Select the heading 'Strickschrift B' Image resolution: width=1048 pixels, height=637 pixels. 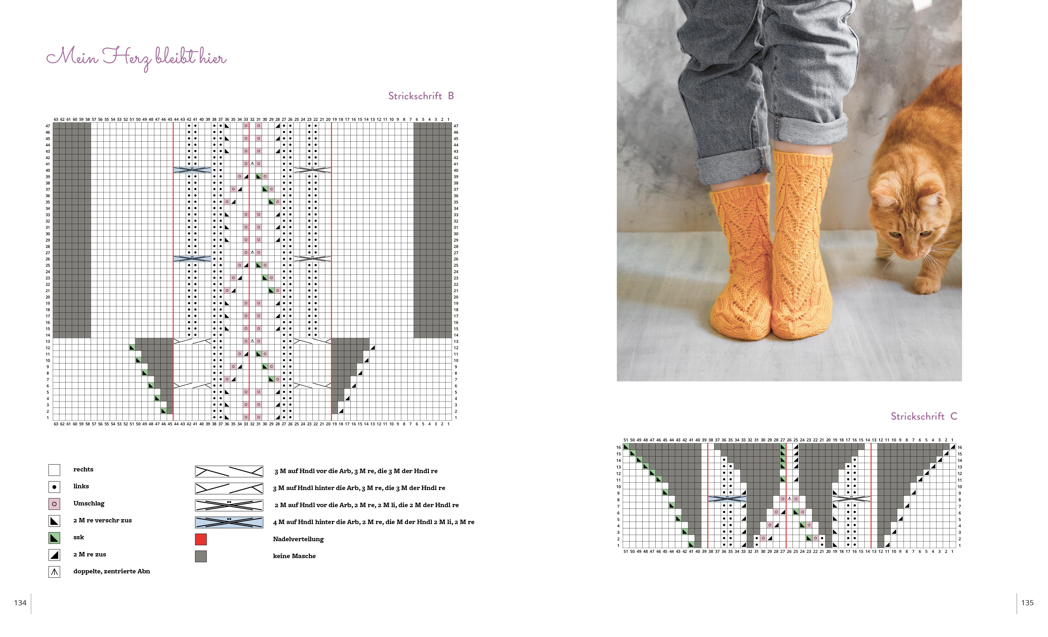click(421, 96)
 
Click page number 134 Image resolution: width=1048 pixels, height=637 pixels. click(20, 603)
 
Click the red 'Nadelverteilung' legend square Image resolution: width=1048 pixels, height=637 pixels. click(201, 539)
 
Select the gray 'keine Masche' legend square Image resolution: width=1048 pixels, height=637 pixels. click(201, 556)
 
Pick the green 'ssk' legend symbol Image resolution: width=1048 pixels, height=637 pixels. click(55, 538)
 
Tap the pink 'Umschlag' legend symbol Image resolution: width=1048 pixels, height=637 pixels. click(55, 504)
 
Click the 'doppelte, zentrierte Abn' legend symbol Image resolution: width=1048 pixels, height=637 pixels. click(55, 572)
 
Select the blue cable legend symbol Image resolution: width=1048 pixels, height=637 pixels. click(229, 522)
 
